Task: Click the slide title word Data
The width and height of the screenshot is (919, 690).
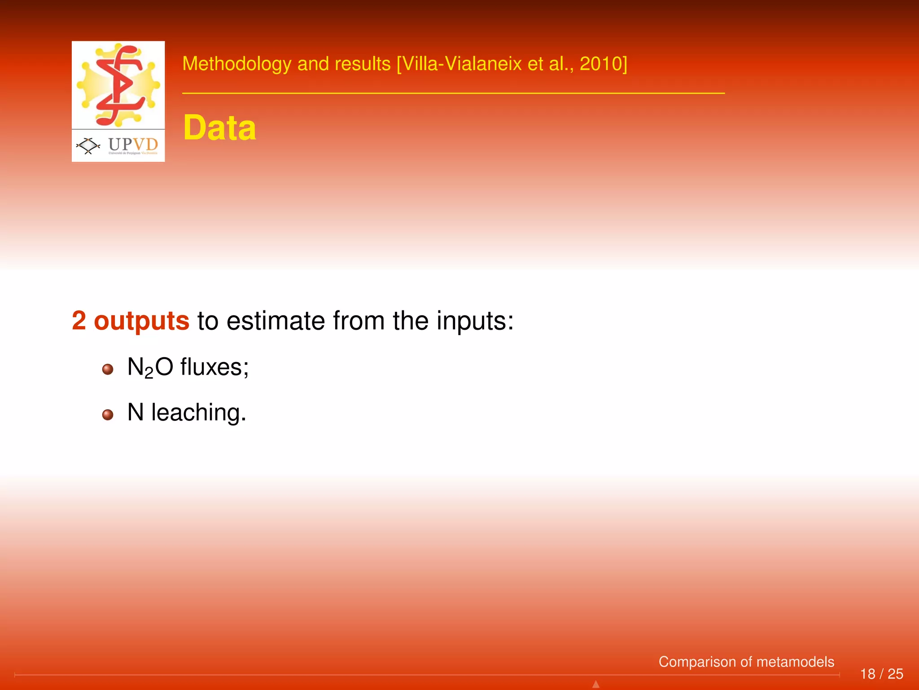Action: coord(219,128)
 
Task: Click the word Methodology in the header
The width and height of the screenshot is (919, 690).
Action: coord(237,64)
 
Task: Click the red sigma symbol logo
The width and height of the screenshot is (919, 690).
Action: coord(119,85)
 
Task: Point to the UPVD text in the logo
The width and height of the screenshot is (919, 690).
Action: coord(133,144)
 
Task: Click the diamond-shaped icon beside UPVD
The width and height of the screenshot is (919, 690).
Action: coord(88,146)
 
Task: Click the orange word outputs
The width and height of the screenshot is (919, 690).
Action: coord(141,321)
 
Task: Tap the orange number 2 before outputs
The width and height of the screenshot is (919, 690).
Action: coord(79,321)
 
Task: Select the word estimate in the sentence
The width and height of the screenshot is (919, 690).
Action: coord(276,321)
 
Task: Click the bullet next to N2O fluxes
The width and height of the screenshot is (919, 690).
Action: coord(108,369)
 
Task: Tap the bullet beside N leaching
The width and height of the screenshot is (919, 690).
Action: coord(108,414)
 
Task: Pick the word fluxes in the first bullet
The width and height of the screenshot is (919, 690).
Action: coord(214,367)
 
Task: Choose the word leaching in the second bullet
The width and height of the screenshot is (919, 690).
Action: coord(198,412)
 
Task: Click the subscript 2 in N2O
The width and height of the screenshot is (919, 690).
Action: coord(149,373)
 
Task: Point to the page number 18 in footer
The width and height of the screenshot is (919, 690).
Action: coord(867,674)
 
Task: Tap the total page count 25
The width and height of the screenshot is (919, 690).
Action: coord(895,674)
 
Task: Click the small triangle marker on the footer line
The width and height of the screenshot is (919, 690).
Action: coord(596,684)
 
